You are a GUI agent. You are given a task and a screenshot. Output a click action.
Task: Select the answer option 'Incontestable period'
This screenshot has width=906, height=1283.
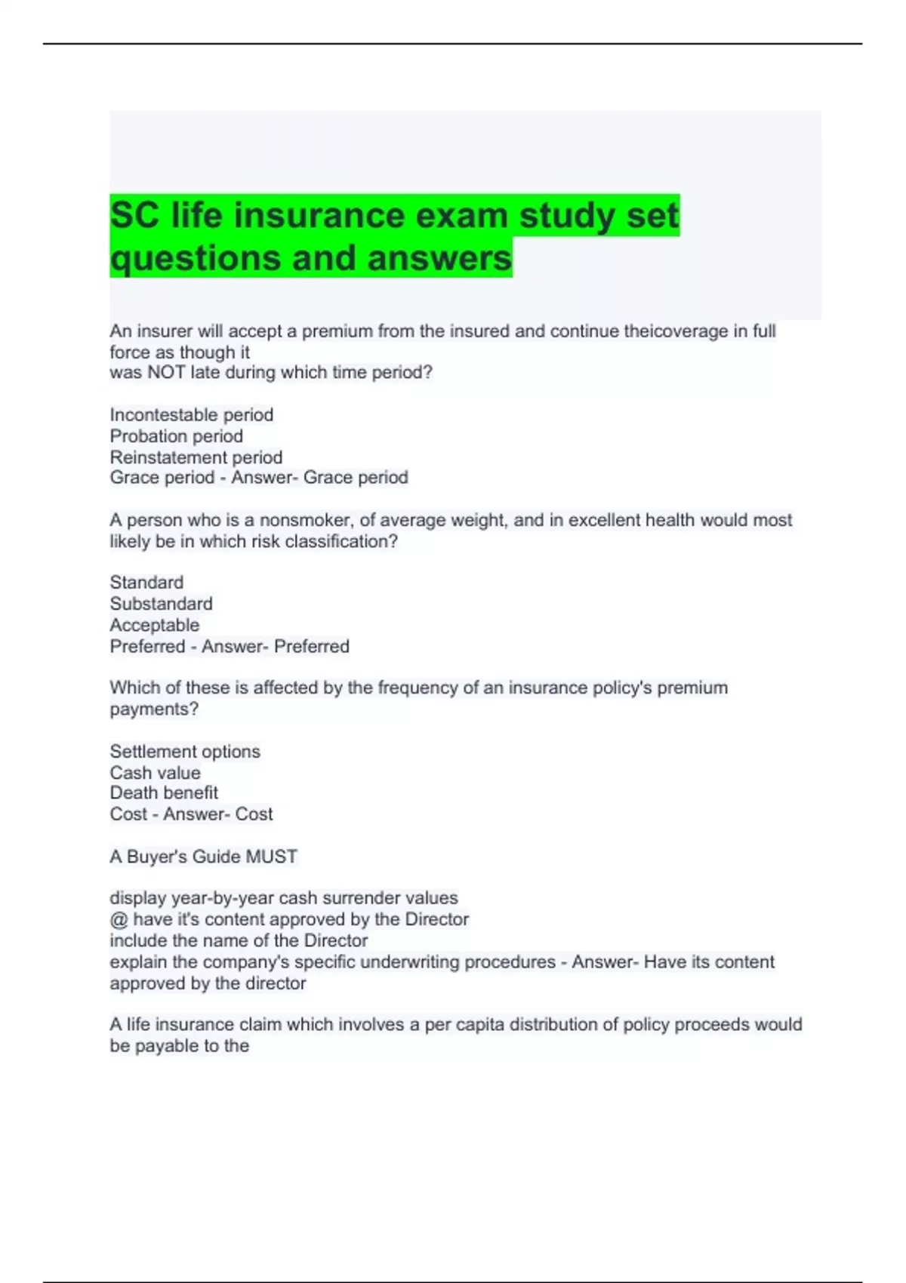(x=192, y=415)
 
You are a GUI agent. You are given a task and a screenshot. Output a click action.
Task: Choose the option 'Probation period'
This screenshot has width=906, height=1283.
(x=176, y=436)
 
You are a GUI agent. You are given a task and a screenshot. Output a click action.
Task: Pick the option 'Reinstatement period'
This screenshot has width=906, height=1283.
(x=196, y=457)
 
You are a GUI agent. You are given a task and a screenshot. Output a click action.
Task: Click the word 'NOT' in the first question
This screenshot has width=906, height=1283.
(x=166, y=373)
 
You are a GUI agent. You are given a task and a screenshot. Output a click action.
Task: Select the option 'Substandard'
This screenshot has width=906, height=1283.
(x=161, y=604)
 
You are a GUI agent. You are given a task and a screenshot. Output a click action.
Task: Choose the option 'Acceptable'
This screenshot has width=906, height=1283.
(x=155, y=625)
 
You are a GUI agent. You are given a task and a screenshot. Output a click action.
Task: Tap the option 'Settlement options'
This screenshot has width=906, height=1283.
(x=185, y=752)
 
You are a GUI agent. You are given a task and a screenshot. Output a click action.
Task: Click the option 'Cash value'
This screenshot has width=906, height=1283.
(x=155, y=773)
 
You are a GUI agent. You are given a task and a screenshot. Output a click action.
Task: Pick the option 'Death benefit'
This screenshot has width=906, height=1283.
(x=164, y=793)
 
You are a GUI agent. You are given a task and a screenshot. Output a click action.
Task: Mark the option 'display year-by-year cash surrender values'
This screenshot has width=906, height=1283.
(x=284, y=898)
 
